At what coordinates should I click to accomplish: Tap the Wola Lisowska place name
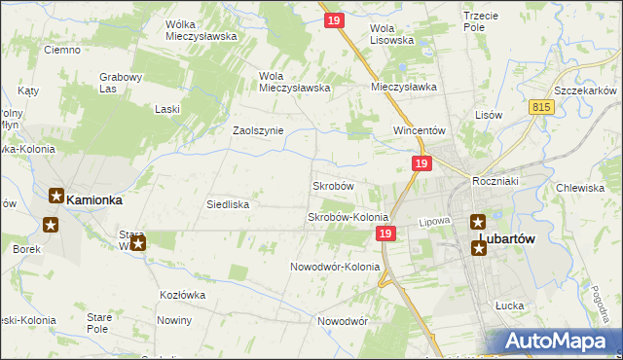tap(392, 34)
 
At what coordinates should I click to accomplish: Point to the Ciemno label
tap(61, 50)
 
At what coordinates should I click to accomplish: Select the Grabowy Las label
tap(122, 83)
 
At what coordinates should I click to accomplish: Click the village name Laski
tap(167, 109)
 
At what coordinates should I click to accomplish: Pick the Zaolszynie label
tap(257, 130)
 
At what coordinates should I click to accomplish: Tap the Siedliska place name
tap(228, 205)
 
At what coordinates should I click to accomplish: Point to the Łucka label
tap(509, 306)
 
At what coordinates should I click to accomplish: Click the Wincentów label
tap(419, 130)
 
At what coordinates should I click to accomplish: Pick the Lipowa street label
tap(434, 222)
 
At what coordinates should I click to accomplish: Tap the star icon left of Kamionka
tap(56, 196)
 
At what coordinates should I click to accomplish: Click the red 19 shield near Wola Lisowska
tap(332, 18)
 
